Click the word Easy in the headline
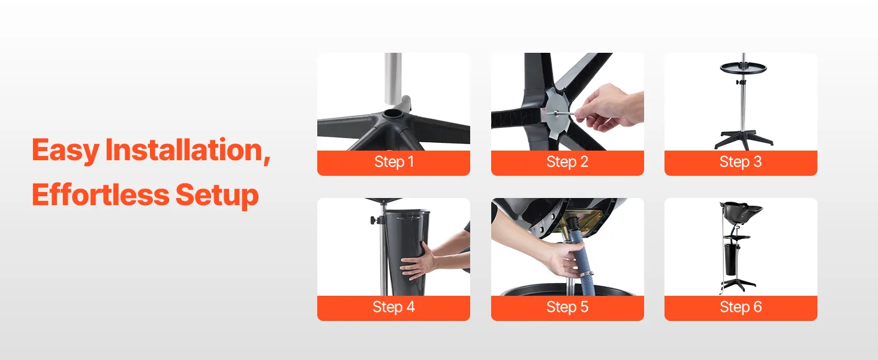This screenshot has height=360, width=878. click(65, 151)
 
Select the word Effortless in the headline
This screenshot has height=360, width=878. click(100, 194)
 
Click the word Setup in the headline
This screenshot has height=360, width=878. click(217, 196)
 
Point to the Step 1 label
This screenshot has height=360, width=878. click(394, 161)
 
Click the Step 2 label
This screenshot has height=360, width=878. click(567, 161)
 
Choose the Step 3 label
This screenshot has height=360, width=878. click(741, 161)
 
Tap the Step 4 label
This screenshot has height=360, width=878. click(393, 307)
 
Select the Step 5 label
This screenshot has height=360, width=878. click(567, 307)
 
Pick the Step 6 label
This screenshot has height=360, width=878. click(741, 307)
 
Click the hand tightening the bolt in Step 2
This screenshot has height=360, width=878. click(608, 109)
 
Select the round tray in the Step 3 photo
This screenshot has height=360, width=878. click(743, 67)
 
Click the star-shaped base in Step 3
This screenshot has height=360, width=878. click(743, 139)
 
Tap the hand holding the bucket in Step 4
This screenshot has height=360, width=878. click(418, 263)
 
